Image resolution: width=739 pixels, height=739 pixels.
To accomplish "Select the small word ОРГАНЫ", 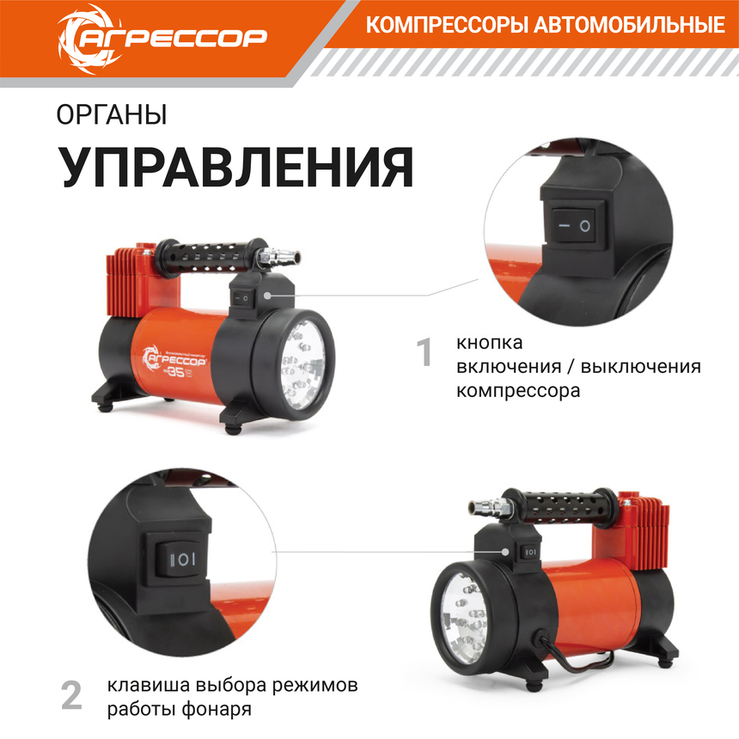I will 112,114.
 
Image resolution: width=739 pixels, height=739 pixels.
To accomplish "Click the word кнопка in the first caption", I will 490,343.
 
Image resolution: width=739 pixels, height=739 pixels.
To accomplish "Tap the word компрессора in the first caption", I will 518,390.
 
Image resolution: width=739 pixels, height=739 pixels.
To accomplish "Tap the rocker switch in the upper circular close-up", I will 571,226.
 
